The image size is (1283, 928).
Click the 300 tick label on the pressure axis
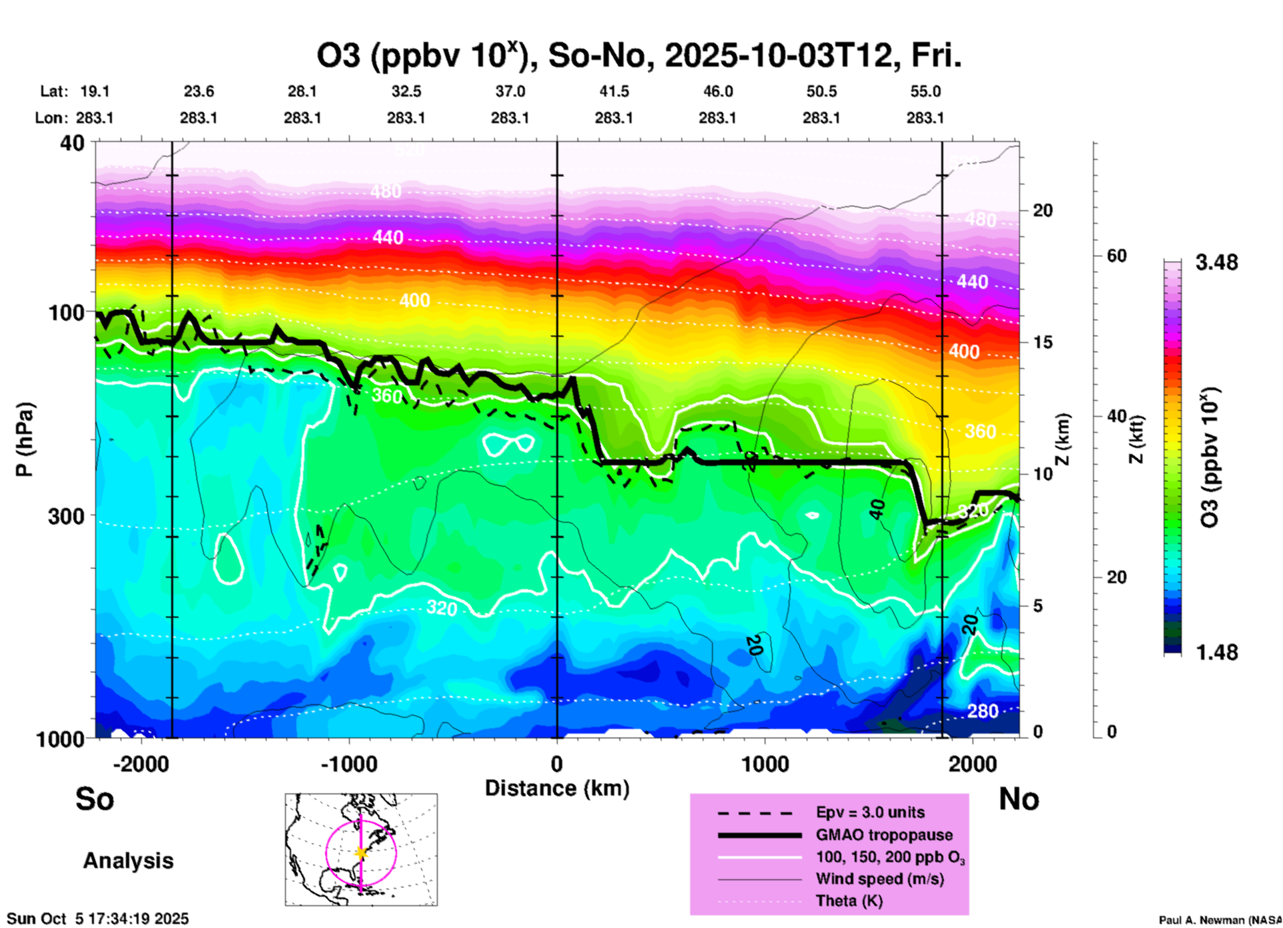tap(67, 516)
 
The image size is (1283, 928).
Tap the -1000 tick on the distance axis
tap(349, 764)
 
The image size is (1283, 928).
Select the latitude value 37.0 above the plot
tap(510, 91)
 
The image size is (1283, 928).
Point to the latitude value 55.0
tap(925, 91)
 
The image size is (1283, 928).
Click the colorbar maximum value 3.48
tap(1216, 262)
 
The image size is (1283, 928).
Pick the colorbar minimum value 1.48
tap(1216, 652)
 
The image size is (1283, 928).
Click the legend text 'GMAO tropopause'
tap(884, 835)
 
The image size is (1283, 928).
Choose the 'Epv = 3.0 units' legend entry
tap(870, 812)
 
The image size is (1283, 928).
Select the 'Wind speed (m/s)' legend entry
tap(879, 879)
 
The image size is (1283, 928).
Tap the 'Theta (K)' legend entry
tap(849, 901)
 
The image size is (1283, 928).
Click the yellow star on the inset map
tap(361, 853)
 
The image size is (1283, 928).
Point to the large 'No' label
tap(1019, 799)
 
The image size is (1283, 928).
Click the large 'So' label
tap(95, 799)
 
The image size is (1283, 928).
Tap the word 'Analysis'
tap(128, 861)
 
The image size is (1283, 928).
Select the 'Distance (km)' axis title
tap(557, 788)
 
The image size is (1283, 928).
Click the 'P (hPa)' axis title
tap(25, 439)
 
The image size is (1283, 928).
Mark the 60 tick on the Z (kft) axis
tap(1116, 256)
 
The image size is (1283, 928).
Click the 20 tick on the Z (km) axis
tap(1043, 210)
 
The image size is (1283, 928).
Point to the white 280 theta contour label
tap(983, 712)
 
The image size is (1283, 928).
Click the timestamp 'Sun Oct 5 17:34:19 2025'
tap(98, 919)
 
